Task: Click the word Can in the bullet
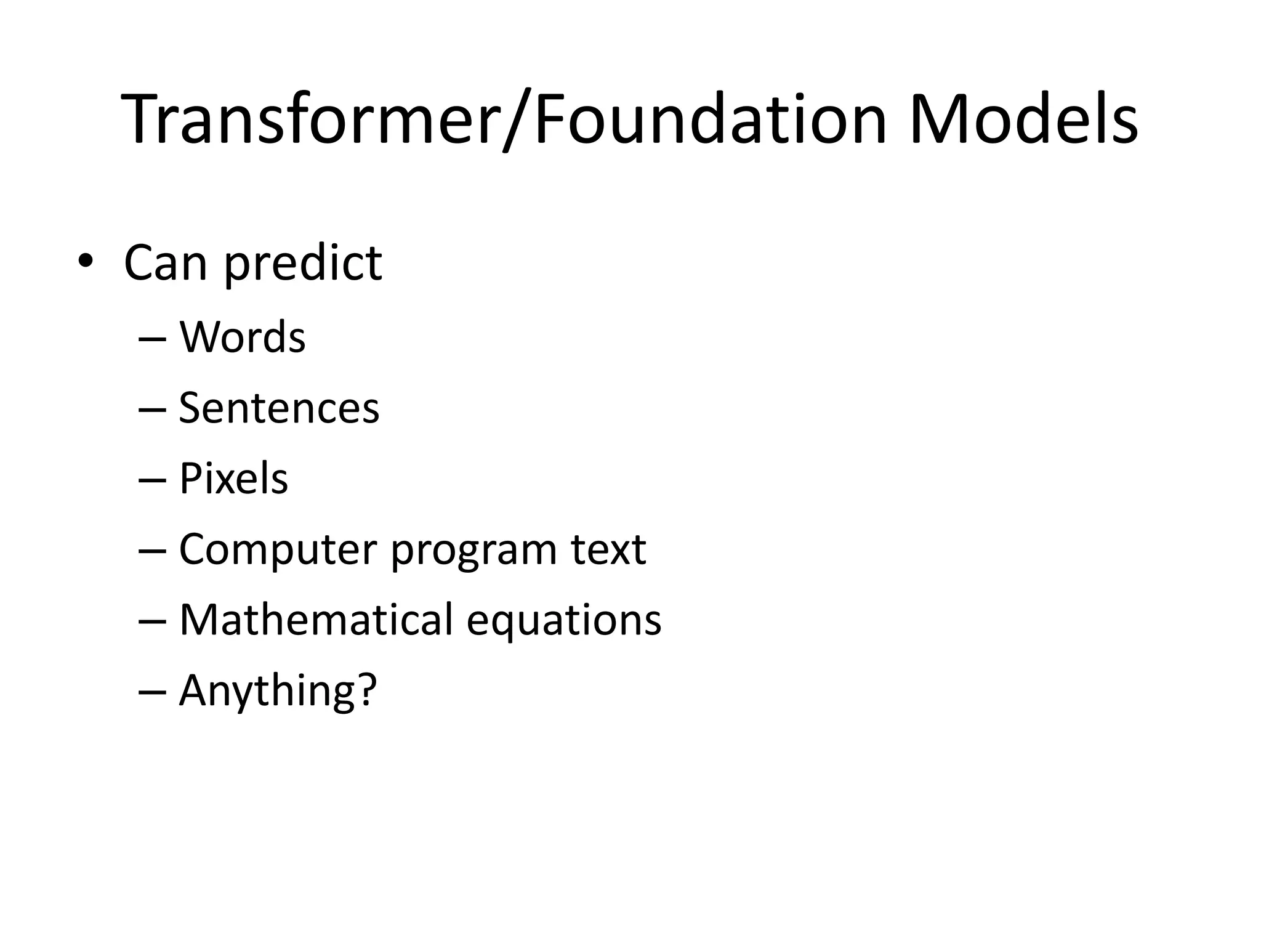click(166, 264)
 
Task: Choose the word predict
click(302, 264)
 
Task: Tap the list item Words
click(242, 338)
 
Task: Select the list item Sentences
click(278, 408)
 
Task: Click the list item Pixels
click(233, 479)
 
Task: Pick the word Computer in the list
click(278, 549)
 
